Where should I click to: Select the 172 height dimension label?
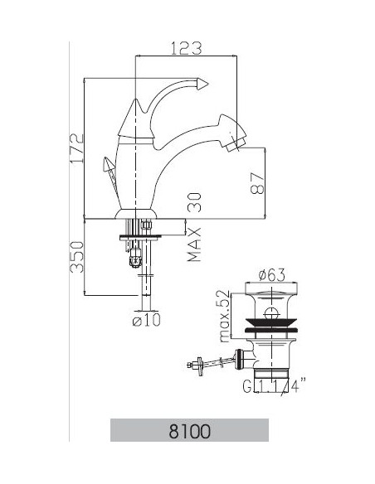[x=76, y=148]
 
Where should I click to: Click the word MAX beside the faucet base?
[x=195, y=244]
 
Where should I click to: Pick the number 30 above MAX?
[x=195, y=201]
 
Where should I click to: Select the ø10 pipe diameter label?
[x=146, y=319]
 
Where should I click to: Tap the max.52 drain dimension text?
[x=222, y=316]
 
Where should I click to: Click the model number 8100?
[x=189, y=431]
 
